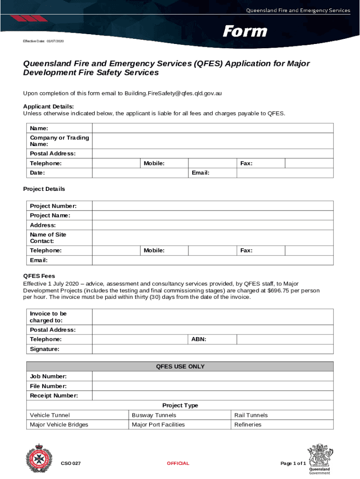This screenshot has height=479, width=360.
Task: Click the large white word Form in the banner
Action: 245,31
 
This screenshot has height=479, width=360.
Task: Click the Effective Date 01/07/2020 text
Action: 43,42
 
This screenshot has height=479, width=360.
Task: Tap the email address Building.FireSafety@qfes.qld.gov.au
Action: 173,94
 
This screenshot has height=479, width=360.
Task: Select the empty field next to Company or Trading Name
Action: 213,141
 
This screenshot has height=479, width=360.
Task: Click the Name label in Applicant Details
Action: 39,128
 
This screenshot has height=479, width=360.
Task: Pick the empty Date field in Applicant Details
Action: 140,173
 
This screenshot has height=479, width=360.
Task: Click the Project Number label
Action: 53,206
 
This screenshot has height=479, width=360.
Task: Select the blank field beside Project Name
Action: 213,216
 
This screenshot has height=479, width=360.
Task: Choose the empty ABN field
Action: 285,339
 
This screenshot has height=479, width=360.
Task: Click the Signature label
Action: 44,349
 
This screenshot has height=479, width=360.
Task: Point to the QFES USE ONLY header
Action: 180,367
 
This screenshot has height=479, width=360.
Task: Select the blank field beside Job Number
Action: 213,377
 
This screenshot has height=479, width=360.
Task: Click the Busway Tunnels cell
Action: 154,415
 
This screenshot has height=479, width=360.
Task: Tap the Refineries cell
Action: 248,425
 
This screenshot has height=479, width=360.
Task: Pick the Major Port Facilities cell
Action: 158,425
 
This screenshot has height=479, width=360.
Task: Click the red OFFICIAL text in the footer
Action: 178,464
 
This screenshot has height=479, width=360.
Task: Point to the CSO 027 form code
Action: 71,464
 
